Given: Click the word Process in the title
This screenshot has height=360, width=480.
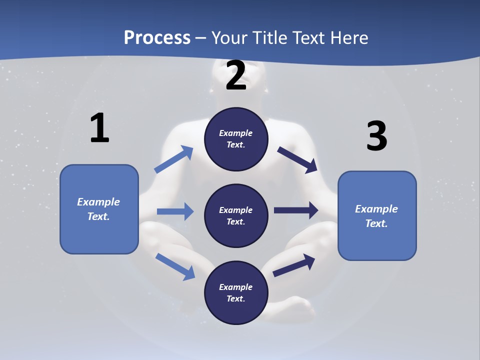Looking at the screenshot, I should pos(157,37).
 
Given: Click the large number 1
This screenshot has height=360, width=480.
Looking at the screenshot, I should pos(99,128).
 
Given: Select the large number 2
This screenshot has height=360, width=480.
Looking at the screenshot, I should pos(236,76).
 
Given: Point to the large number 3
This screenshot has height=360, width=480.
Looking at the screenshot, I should pos(376,136).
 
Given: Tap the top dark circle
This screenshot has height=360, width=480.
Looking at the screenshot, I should pos(236,139).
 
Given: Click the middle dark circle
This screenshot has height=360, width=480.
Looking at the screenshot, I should pos(236,216).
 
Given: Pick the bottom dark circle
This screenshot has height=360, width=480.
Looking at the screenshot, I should pos(236,293).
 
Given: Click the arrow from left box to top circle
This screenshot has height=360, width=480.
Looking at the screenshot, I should pos(173,159).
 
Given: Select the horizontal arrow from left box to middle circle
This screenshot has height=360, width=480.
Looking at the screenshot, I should pos(175,211).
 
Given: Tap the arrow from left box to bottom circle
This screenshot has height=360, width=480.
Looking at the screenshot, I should pos(175,266).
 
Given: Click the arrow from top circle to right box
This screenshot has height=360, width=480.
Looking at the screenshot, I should pos(297,160).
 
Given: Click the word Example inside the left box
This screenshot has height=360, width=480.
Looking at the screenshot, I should pos(98,202).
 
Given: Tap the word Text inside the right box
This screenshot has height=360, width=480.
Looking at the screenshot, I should pos(376,223).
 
